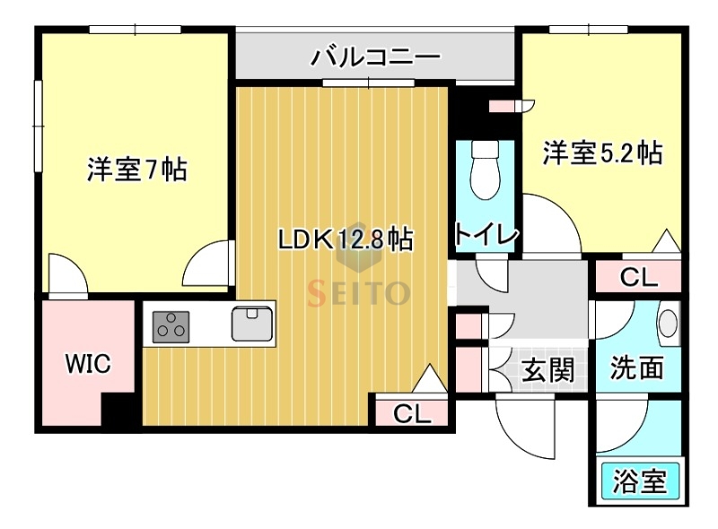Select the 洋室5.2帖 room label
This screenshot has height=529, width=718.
point(602,153)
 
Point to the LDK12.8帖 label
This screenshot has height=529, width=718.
point(345,239)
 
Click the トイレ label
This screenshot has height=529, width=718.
point(486,235)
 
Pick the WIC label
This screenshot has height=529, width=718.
point(87,364)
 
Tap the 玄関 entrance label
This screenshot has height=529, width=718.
point(547,369)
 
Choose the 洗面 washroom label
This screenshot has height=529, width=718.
point(637,367)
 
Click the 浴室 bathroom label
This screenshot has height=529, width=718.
point(639,482)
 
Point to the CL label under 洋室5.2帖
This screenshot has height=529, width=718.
point(639,278)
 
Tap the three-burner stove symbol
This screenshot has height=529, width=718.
point(171,325)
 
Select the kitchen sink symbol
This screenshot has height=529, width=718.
point(252,323)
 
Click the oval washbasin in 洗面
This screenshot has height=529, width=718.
point(668,323)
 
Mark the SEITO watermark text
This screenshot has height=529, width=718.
point(359,292)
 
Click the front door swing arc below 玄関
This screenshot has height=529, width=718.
point(525,429)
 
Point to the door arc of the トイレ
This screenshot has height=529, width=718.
point(548,224)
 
